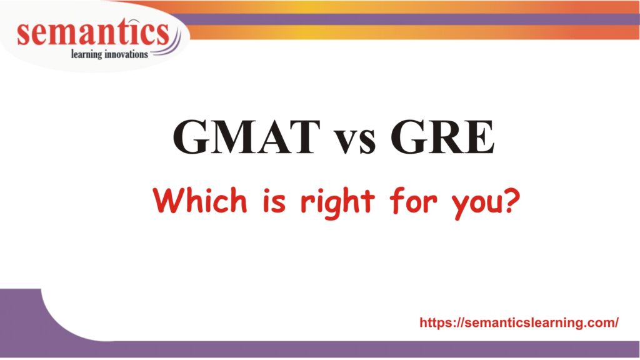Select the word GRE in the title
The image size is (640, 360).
coord(442,137)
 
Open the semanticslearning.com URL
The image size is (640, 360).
coord(519,322)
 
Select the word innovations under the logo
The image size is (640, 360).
coord(128,54)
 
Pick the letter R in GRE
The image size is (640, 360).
coord(442,137)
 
